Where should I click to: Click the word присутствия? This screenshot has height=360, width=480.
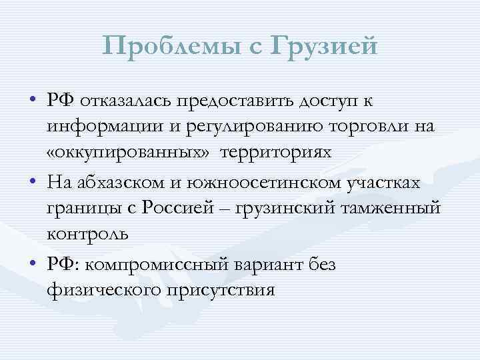[x=226, y=291]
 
